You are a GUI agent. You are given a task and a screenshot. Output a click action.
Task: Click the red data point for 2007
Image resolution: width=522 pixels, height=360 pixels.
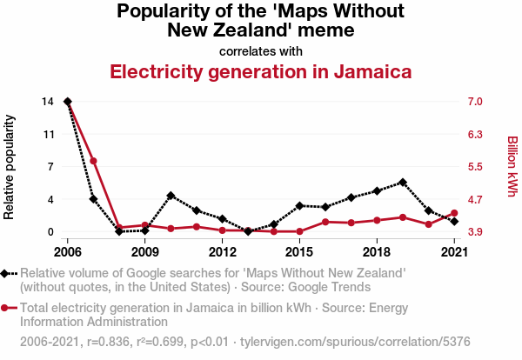(93, 161)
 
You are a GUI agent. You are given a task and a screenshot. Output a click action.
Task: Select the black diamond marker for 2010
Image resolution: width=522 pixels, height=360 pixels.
(171, 196)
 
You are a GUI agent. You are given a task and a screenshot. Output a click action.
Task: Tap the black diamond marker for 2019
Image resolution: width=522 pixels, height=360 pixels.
(403, 183)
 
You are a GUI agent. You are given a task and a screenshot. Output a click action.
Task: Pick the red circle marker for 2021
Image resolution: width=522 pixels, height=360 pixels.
(454, 213)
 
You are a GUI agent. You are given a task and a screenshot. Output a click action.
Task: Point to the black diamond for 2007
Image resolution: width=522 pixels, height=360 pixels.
(93, 199)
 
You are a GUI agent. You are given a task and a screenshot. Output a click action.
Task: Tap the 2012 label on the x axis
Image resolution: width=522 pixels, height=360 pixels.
(223, 252)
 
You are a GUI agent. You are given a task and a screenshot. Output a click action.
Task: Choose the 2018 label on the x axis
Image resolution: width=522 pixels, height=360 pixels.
(377, 252)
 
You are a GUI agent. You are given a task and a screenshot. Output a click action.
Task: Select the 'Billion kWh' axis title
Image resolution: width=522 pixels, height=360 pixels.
(512, 166)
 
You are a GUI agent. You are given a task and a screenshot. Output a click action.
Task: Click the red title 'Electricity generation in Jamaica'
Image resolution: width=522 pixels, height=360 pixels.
(260, 71)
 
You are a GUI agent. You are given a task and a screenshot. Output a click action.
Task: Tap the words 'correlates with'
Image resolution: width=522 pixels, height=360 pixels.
(260, 51)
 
